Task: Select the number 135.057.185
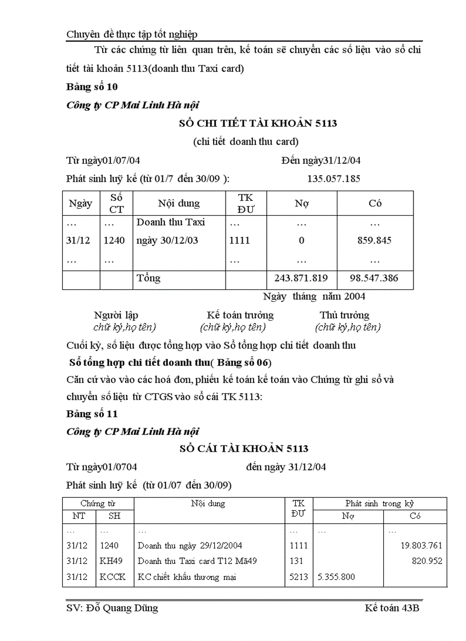pos(334,179)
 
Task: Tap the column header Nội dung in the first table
pos(179,203)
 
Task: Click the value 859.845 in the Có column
pos(374,240)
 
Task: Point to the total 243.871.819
pos(301,279)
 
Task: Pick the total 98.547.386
pos(374,279)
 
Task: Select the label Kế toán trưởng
pos(240,315)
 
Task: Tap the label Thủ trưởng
pos(344,315)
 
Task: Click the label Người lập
pos(116,315)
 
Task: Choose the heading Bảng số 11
pos(92,414)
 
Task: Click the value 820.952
pos(427,561)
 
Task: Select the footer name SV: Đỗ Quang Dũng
pos(113,608)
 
